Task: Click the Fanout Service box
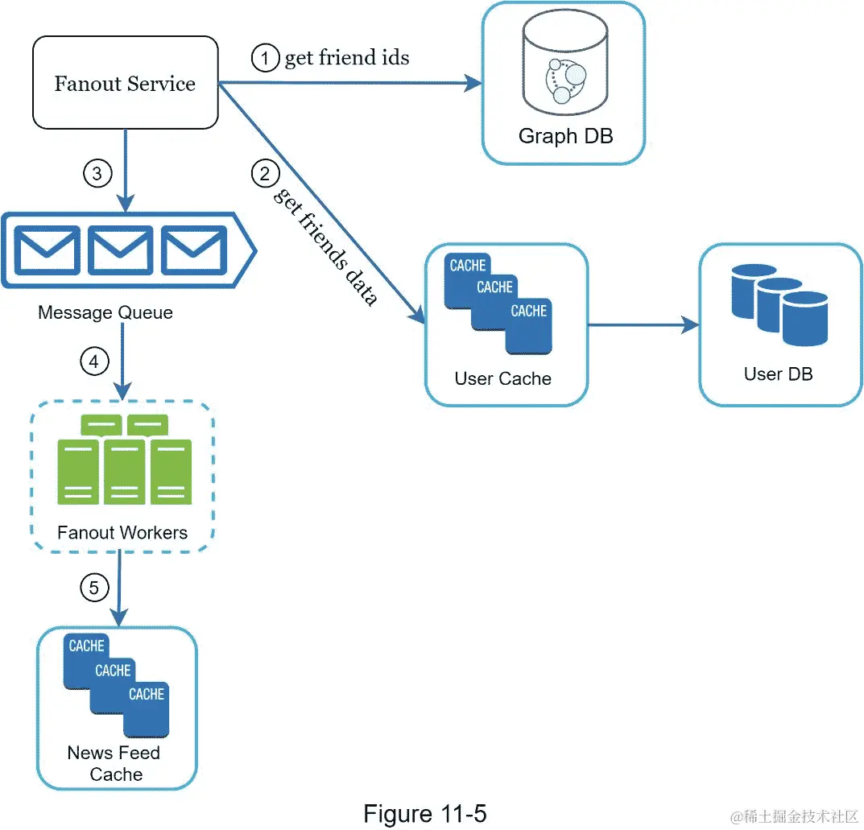point(125,83)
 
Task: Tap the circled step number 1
point(263,59)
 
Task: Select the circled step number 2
point(264,172)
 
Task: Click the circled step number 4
point(93,362)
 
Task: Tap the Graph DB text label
point(565,136)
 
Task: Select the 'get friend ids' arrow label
point(347,58)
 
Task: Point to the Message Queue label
point(105,312)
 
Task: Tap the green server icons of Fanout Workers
point(124,460)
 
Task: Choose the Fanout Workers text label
point(122,532)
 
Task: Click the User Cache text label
point(503,378)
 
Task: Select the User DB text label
point(778,374)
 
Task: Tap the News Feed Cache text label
point(115,763)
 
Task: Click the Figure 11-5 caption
point(424,813)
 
